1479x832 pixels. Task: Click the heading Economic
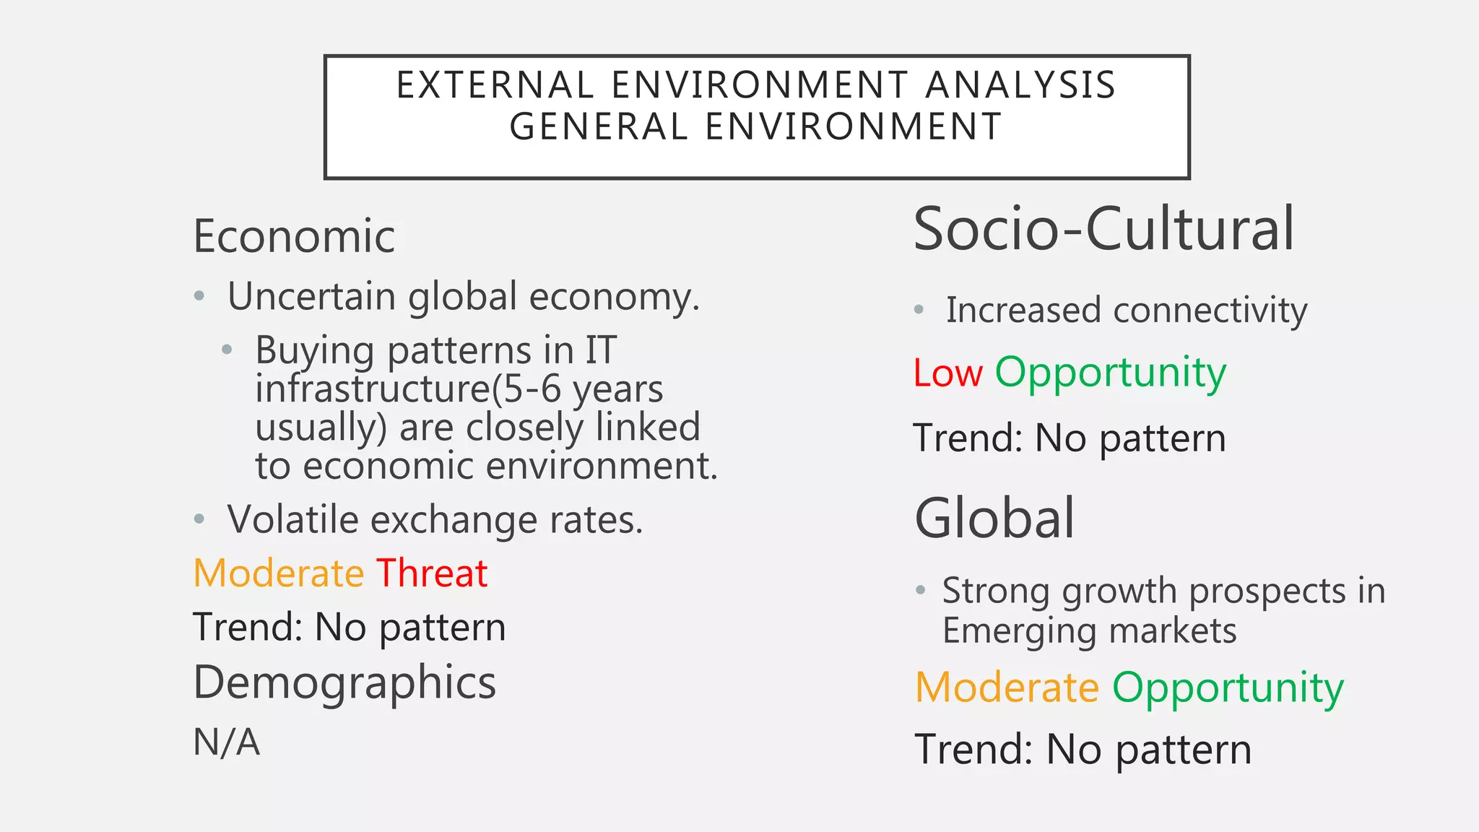coord(294,237)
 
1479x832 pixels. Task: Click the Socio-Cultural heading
coord(1103,230)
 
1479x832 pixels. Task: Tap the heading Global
coord(994,519)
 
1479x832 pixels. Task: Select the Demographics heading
coord(344,683)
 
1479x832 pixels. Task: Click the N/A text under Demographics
coord(226,742)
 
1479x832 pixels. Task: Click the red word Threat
coord(432,574)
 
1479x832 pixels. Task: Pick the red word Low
coord(947,374)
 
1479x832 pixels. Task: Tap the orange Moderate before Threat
coord(279,574)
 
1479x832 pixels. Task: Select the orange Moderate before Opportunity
coord(1007,688)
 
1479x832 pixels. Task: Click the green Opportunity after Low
coord(1110,374)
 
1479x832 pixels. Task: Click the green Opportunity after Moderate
coord(1228,688)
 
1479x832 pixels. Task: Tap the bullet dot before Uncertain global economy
coord(200,296)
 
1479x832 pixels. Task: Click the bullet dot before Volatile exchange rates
coord(200,519)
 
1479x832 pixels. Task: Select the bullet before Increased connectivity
coord(919,310)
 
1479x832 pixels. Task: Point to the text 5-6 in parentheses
coord(531,389)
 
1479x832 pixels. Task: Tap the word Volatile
coord(292,519)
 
